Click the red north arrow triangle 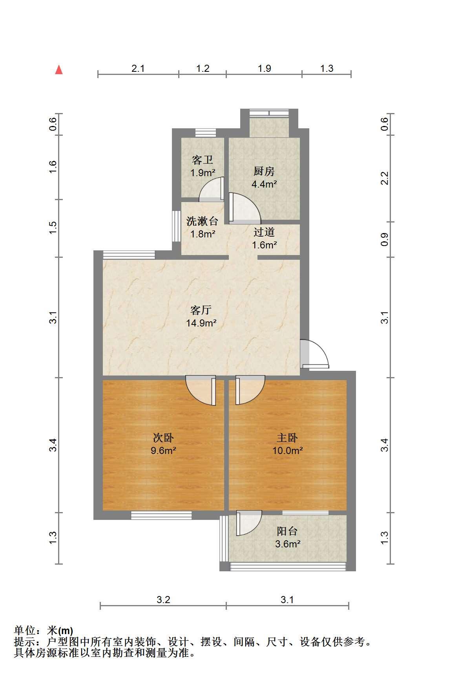tap(59, 70)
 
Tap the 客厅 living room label tap(201, 310)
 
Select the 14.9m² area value tap(201, 323)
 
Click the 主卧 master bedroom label tap(287, 438)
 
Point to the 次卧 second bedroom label tap(163, 438)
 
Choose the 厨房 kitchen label tap(264, 171)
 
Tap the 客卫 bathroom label tap(203, 160)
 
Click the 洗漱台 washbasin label tap(202, 221)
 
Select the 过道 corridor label tap(264, 232)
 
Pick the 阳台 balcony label tap(287, 531)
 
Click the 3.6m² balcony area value tap(288, 544)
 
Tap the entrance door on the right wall tap(314, 354)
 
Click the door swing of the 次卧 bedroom tap(201, 391)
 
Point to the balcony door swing tap(249, 523)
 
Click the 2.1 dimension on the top tap(138, 69)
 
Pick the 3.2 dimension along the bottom tap(163, 600)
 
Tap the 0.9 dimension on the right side tap(385, 239)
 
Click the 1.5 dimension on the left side tap(53, 228)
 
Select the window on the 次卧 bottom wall tap(161, 515)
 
